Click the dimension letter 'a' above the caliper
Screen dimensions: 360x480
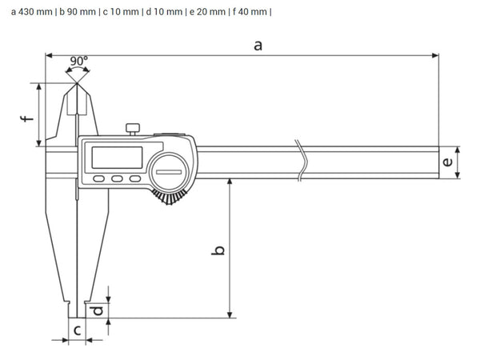coord(258,46)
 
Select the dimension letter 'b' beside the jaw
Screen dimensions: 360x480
coord(219,250)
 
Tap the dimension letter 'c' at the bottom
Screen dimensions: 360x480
coord(78,330)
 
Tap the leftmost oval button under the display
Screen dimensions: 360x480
coord(99,179)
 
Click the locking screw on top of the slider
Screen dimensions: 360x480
coord(133,127)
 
